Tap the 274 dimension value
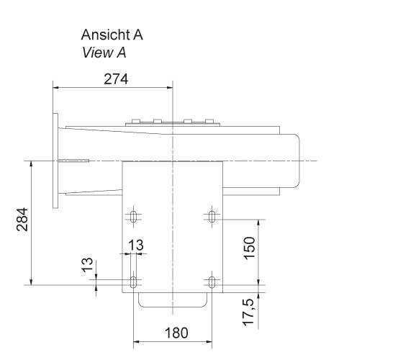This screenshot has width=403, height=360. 116,79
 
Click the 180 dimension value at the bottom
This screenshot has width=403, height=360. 176,333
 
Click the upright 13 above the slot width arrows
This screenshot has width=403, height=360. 135,246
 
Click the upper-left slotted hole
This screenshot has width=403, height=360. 134,216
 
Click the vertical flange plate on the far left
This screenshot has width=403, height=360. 55,160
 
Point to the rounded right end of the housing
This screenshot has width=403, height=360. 295,160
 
